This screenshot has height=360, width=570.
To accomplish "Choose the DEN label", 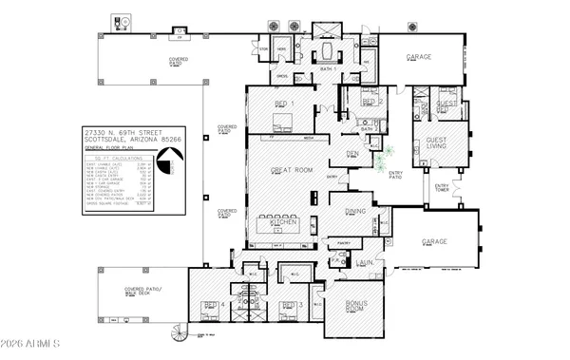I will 351,152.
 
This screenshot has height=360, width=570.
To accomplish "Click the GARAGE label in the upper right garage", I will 419,57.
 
